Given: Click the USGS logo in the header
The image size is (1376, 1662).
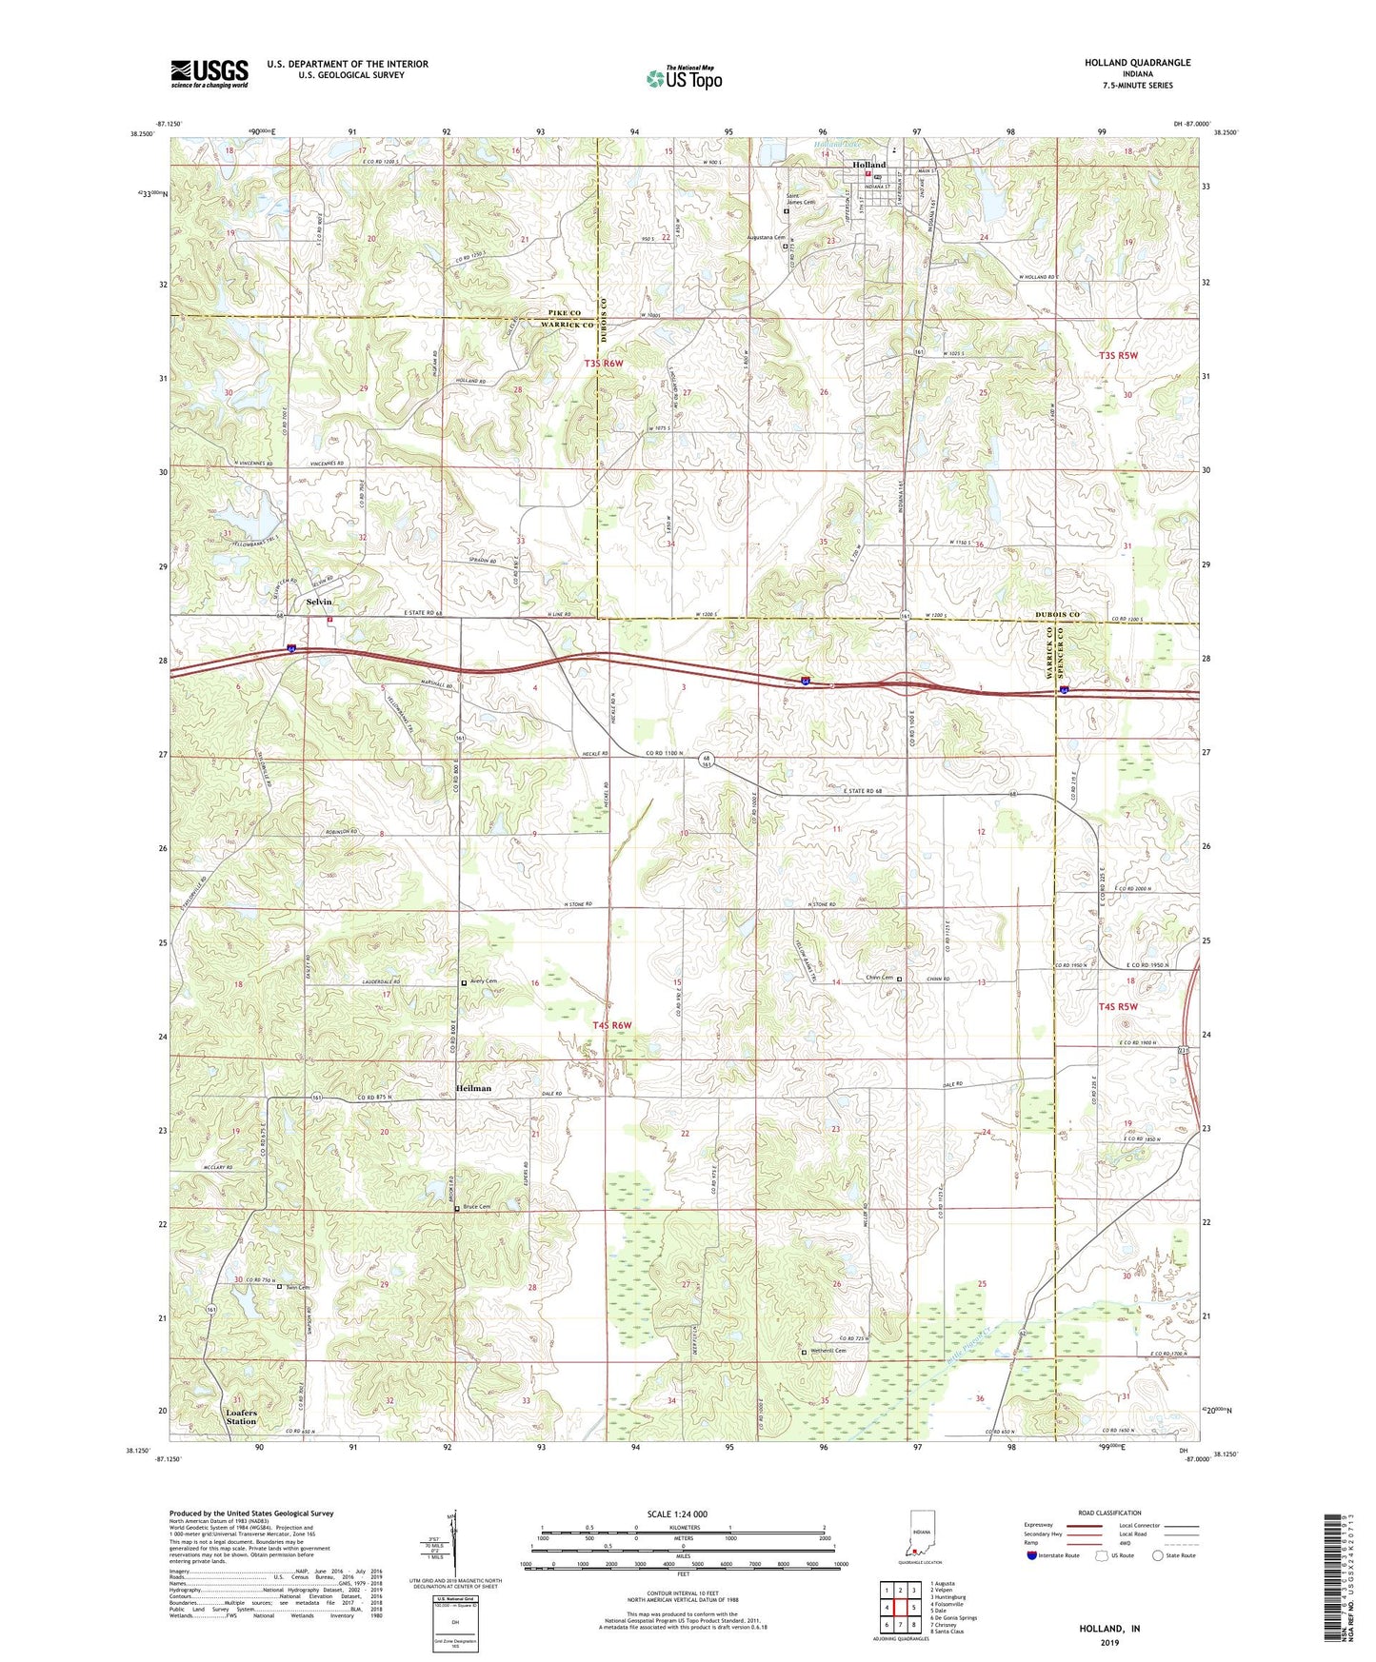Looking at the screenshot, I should [209, 72].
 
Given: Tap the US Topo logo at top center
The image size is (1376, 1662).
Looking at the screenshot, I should [683, 78].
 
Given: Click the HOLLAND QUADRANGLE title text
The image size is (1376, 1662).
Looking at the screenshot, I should [1137, 63].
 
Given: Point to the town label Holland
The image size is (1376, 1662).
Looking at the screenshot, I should [868, 165].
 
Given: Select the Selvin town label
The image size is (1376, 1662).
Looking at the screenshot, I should [319, 602].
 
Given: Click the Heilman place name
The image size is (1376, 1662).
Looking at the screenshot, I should [473, 1088].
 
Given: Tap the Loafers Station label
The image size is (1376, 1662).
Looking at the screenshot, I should [241, 1417].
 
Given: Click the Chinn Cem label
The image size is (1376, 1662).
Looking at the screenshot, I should [879, 978].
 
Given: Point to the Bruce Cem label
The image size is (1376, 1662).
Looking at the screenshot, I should [477, 1207].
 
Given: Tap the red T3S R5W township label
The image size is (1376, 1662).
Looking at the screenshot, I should [1118, 355].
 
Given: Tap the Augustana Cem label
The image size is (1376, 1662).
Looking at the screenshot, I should [765, 238].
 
